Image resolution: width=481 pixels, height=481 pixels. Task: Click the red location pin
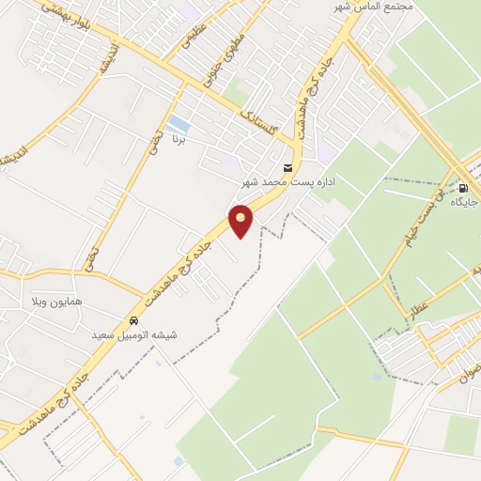tap(241, 220)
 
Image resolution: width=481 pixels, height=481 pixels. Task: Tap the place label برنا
tap(178, 139)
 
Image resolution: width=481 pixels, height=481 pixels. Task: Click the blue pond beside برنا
tap(178, 124)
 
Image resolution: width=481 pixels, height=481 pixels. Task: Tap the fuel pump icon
tap(463, 187)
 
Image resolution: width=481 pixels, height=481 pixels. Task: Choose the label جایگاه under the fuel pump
tap(464, 202)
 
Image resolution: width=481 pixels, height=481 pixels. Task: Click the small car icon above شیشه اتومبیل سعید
tap(135, 319)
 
